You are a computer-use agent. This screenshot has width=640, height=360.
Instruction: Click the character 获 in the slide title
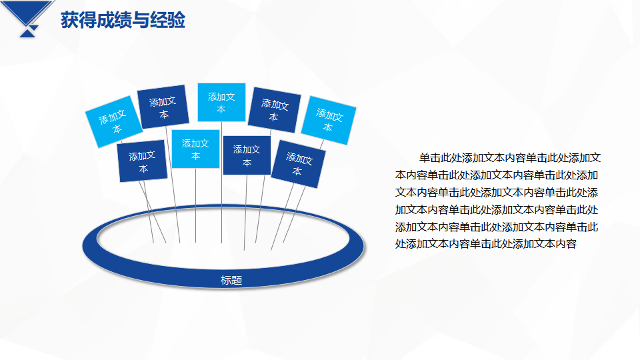(x=70, y=20)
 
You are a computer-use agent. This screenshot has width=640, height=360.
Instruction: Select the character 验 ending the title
(x=176, y=20)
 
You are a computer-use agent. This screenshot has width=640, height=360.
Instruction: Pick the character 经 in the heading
(x=159, y=20)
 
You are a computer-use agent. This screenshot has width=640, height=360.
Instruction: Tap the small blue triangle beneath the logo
(x=28, y=33)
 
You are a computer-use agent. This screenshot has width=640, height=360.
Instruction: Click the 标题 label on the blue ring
(x=231, y=280)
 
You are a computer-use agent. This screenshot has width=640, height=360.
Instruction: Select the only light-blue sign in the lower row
(x=195, y=149)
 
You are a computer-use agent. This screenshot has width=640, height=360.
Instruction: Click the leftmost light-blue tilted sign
(x=114, y=121)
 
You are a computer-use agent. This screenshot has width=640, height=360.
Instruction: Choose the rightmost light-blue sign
(x=329, y=121)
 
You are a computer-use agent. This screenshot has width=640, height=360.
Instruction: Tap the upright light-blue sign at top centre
(x=221, y=103)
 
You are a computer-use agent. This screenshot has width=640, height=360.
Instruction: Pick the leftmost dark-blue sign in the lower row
(x=143, y=161)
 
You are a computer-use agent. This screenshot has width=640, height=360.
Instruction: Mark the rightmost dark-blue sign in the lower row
(x=299, y=164)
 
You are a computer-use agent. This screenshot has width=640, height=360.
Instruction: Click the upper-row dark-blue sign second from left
(x=163, y=107)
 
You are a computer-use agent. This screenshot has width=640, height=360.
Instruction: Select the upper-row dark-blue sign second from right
(x=274, y=110)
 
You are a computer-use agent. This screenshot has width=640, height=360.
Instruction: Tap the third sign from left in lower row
(x=247, y=155)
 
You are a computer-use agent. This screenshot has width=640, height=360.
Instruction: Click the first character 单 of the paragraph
(x=425, y=158)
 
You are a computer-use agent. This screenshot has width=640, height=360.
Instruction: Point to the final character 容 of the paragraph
(x=571, y=244)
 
